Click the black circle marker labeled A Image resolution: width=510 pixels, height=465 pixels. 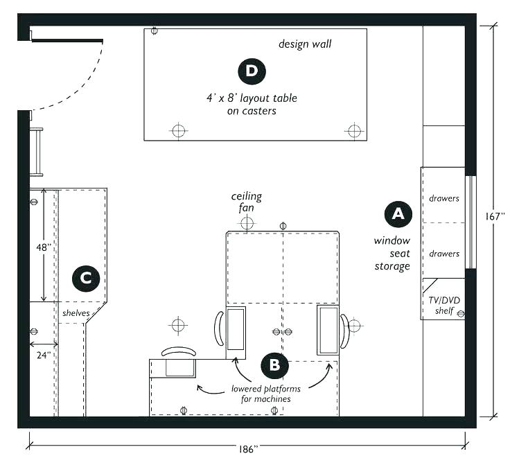tap(397, 213)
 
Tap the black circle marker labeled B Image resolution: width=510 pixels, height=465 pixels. tap(274, 363)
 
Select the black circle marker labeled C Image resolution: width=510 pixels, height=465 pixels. tap(86, 279)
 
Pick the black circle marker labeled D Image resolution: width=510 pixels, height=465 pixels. tap(251, 70)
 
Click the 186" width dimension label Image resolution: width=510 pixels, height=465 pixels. tap(246, 449)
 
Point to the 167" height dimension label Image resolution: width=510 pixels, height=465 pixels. tap(495, 216)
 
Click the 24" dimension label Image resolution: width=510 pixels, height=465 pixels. tap(43, 355)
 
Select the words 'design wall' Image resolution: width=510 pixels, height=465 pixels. tap(305, 44)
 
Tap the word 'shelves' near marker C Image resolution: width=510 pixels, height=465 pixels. tap(76, 313)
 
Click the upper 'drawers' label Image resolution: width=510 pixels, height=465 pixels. tap(443, 198)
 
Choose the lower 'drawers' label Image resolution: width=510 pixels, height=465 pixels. tap(443, 254)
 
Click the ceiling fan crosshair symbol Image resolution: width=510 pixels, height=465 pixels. tap(247, 223)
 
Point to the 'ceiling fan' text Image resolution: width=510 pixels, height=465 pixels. tap(247, 201)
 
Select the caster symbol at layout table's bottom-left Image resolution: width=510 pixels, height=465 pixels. tap(179, 130)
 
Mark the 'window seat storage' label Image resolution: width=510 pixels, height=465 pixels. tap(392, 254)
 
